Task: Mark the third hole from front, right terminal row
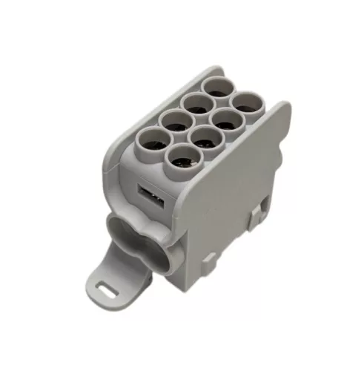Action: tap(223, 119)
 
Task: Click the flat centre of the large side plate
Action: tap(237, 185)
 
